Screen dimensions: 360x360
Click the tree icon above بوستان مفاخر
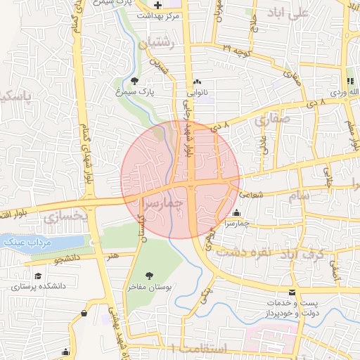[149, 276]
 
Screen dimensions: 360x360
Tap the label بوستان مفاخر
[149, 288]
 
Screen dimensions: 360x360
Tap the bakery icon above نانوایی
[197, 82]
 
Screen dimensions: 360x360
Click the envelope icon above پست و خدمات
[292, 292]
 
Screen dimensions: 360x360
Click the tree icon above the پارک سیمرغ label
[134, 82]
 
